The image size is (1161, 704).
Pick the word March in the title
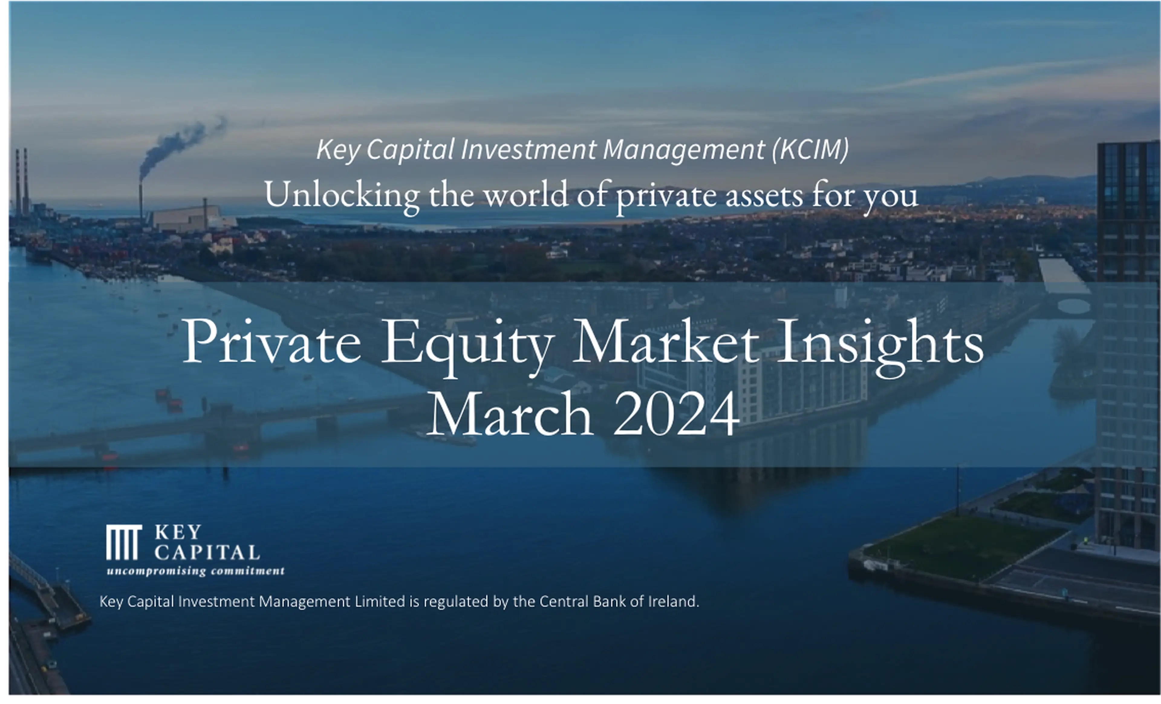click(x=510, y=414)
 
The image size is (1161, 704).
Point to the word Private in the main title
click(x=272, y=340)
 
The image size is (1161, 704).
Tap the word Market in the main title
click(x=665, y=340)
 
